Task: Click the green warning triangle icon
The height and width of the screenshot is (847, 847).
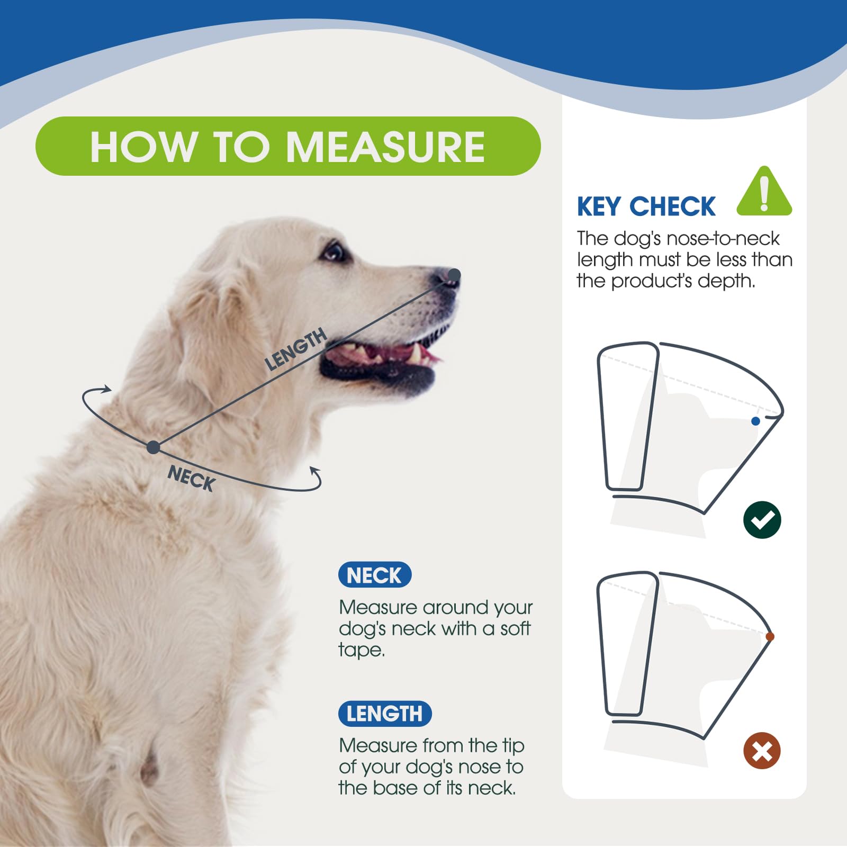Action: [x=764, y=192]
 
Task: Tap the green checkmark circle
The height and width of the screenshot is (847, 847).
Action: [x=762, y=520]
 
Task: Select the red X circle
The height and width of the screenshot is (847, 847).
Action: [x=762, y=751]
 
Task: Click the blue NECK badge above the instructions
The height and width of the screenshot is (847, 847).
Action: [x=375, y=575]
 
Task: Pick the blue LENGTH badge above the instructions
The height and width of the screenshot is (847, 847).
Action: [x=385, y=714]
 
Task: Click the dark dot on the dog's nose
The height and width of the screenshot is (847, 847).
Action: [x=454, y=274]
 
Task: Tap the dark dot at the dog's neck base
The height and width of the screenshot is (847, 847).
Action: [x=153, y=447]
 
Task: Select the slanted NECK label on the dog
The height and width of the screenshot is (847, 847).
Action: [x=191, y=478]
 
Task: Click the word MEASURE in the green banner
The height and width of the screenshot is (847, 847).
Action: [x=385, y=147]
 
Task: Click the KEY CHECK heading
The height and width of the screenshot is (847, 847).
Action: [x=646, y=206]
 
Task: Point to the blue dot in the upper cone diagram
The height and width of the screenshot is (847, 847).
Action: [x=755, y=421]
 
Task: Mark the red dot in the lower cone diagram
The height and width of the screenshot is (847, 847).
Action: [x=770, y=636]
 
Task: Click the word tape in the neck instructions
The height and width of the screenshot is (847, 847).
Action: [x=361, y=650]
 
